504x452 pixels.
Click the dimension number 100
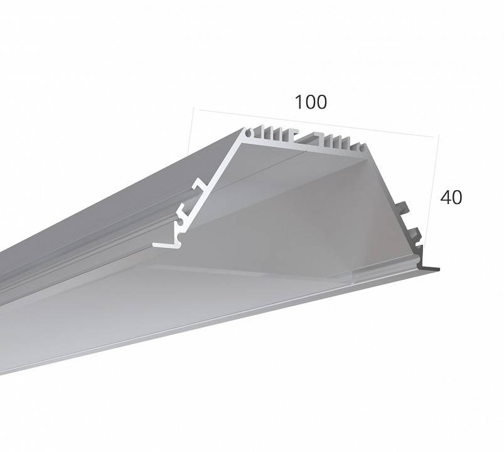311,102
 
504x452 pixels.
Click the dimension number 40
451,197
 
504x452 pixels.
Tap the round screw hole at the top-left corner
248,132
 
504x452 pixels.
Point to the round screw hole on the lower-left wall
181,222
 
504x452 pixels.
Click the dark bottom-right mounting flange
430,268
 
